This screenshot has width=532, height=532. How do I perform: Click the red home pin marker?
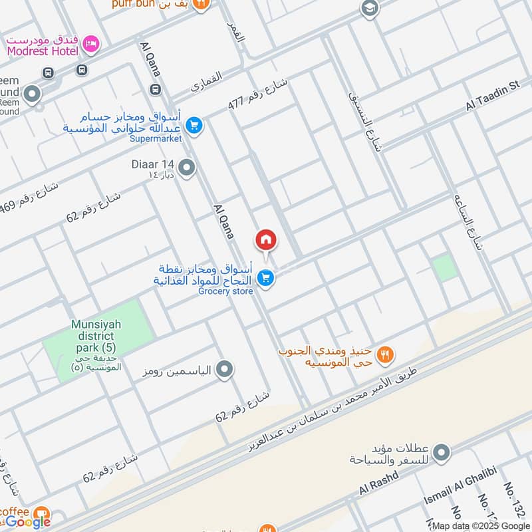coord(265,240)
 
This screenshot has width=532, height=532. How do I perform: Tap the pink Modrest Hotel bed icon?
coord(90,44)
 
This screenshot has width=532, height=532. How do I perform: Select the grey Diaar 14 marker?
coord(187,168)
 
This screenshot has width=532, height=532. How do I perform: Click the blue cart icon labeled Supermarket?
coord(194,125)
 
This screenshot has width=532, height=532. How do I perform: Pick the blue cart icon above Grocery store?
coord(265,279)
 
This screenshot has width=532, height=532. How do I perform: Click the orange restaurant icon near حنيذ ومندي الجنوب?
coord(384,355)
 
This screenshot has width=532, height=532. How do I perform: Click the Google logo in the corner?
coord(28,522)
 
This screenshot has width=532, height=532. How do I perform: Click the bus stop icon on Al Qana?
coord(156,88)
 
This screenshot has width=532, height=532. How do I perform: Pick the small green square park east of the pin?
coord(445,268)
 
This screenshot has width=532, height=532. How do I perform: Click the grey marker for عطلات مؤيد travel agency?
coord(440,454)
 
